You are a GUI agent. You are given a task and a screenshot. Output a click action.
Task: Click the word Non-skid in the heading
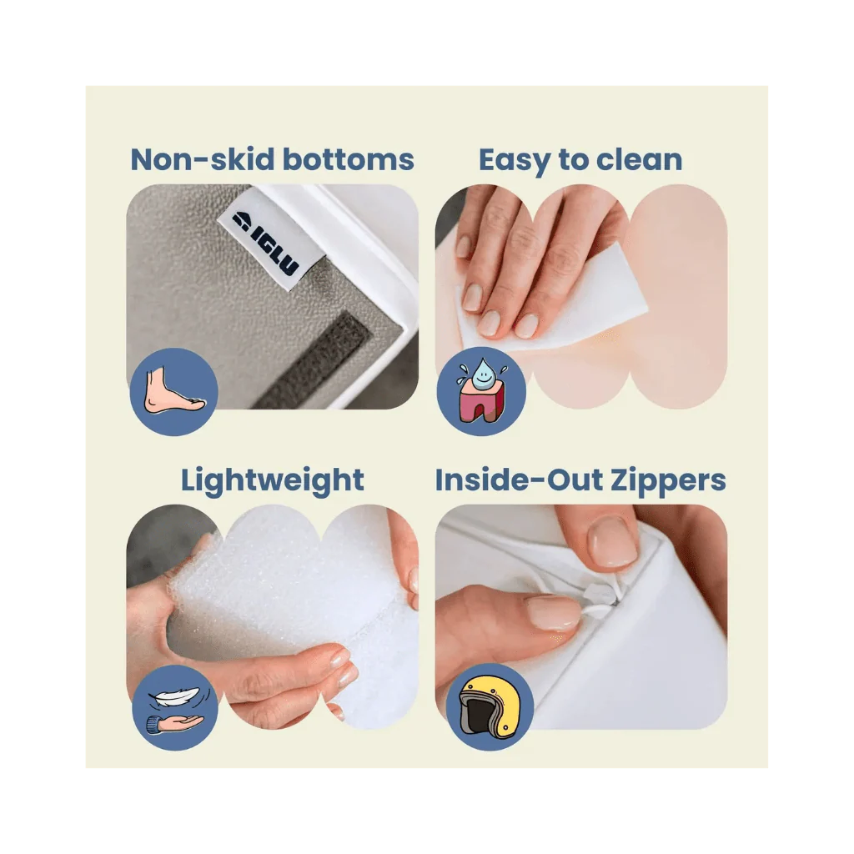pyautogui.click(x=203, y=159)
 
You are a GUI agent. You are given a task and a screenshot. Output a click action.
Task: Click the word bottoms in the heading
pyautogui.click(x=349, y=159)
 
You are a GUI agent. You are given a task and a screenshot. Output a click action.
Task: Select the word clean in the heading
pyautogui.click(x=639, y=159)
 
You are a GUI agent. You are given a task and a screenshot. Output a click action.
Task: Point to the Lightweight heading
pyautogui.click(x=273, y=480)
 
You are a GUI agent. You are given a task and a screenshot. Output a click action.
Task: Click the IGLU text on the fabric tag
pyautogui.click(x=275, y=252)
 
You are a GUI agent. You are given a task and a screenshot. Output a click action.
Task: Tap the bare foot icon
pyautogui.click(x=174, y=389)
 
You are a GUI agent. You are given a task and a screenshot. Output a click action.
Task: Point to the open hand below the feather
pyautogui.click(x=175, y=724)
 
